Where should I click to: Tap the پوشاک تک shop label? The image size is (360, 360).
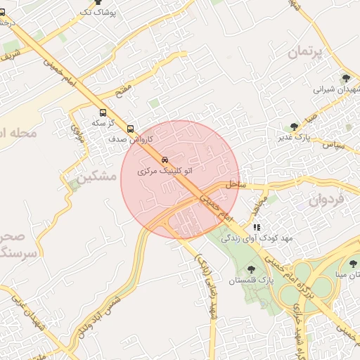click(97, 13)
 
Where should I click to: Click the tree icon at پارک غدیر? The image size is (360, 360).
click(294, 127)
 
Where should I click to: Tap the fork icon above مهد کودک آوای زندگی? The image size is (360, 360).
click(257, 228)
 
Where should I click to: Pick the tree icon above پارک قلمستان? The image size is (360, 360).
click(251, 269)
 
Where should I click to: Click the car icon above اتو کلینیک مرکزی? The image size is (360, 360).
click(165, 160)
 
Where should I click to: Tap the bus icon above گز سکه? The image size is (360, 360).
click(103, 112)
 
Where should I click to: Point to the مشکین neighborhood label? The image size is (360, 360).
click(98, 176)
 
